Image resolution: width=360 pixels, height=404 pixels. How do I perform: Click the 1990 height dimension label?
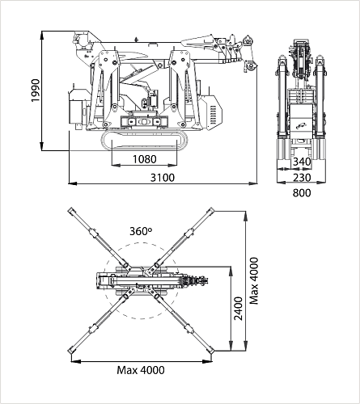pos(36,90)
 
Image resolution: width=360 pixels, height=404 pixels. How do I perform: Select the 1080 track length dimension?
pos(144,159)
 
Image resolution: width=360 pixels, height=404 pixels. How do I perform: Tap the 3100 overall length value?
pos(163,178)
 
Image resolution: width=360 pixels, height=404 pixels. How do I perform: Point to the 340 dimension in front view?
pos(302,162)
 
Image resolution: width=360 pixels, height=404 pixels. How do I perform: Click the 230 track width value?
pos(302,178)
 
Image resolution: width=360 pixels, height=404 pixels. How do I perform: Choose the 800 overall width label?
pos(302,193)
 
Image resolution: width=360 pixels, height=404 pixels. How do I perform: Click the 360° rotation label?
pos(141,231)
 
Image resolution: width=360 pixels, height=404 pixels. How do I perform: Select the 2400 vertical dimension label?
pos(239,309)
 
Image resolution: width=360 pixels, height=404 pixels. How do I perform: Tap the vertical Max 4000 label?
pos(254,281)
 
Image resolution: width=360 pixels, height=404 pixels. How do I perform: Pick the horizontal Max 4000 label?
pos(141,370)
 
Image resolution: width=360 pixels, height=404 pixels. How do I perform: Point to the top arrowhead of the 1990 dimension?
pos(41,36)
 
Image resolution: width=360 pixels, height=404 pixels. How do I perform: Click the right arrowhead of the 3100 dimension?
pos(252,183)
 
